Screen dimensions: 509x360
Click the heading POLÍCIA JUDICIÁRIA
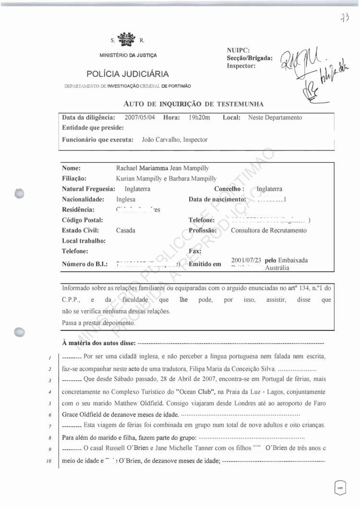[128, 74]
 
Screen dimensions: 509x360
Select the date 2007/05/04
[141, 117]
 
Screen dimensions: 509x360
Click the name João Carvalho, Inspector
[175, 140]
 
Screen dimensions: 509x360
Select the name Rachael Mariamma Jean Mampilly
[162, 168]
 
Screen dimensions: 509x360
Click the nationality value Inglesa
[126, 199]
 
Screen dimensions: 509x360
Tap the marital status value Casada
[126, 230]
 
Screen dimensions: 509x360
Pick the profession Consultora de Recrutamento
[268, 230]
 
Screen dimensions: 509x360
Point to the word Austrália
[277, 268]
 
